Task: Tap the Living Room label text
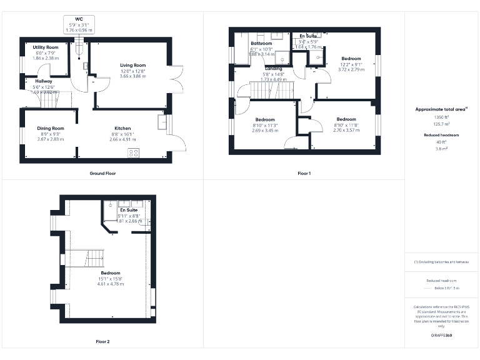point(132,65)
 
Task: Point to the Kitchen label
point(122,128)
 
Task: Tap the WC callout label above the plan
point(79,20)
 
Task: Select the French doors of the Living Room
point(177,79)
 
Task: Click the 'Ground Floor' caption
point(102,173)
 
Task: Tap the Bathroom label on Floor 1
point(262,44)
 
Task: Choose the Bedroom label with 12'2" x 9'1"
point(351,59)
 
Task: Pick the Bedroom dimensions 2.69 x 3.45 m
point(265,131)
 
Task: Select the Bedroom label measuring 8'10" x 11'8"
point(346,119)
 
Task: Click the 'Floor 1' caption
point(304,173)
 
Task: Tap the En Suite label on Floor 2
point(129,211)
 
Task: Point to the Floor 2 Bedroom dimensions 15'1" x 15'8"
point(110,279)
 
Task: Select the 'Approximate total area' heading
point(441,109)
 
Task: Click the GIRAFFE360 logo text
point(441,336)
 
